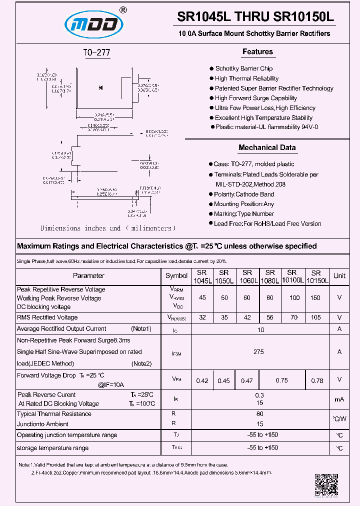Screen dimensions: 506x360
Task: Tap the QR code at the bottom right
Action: [x=326, y=484]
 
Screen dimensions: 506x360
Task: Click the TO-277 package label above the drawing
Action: [x=96, y=52]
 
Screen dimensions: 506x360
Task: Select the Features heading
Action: [x=257, y=51]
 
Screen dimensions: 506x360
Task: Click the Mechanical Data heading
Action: [x=267, y=147]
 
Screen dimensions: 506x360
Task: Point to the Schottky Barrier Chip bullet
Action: [x=243, y=68]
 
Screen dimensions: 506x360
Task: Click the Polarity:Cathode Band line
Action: [x=243, y=194]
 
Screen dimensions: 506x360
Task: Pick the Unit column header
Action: [x=339, y=275]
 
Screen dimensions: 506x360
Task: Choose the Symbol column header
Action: [x=176, y=275]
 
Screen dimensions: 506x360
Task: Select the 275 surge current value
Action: [x=258, y=352]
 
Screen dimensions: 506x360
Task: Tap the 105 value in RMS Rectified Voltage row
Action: [x=315, y=317]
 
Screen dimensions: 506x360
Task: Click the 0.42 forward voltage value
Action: [x=202, y=380]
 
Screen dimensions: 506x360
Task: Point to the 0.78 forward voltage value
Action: [x=317, y=380]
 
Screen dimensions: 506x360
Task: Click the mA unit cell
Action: [x=339, y=399]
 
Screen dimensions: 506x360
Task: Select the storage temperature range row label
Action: [x=52, y=448]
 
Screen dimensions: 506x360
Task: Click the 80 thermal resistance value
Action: [x=259, y=414]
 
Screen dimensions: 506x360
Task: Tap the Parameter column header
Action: [x=88, y=275]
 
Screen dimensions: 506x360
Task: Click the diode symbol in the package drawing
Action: [x=100, y=88]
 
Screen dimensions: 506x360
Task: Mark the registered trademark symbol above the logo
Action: [x=123, y=9]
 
